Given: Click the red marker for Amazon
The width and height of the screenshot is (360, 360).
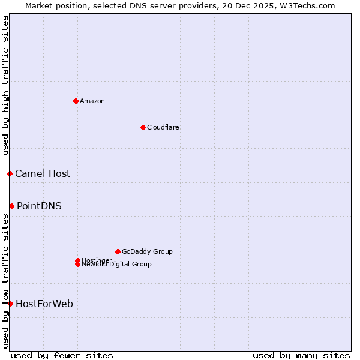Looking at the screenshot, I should (76, 101).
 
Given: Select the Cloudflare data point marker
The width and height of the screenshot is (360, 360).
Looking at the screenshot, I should (143, 127).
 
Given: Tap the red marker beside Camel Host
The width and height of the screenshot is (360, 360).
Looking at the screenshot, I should (10, 173).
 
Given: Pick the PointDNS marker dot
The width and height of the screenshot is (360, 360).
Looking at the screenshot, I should (11, 206).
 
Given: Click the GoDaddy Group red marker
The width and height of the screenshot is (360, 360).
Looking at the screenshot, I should (118, 251).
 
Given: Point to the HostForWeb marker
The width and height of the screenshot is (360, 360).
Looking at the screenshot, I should (10, 304).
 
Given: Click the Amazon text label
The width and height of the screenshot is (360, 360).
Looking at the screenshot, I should (92, 101).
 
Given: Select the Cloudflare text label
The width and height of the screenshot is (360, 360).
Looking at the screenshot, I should (163, 127).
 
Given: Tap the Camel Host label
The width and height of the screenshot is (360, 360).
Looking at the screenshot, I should (43, 174).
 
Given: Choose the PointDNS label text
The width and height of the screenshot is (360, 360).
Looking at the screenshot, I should (39, 206).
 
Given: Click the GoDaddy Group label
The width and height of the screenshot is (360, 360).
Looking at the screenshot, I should (147, 251).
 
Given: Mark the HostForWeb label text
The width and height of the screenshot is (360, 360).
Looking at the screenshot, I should (44, 304).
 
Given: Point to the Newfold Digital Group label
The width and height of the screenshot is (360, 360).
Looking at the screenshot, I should (117, 265).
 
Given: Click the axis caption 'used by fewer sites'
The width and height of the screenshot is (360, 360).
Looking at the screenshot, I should (62, 355).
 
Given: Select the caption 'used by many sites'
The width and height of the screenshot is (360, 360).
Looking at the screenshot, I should (301, 355).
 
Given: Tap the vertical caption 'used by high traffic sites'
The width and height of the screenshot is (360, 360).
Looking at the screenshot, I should (5, 85).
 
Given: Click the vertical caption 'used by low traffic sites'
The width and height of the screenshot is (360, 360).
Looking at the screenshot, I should (5, 281).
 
